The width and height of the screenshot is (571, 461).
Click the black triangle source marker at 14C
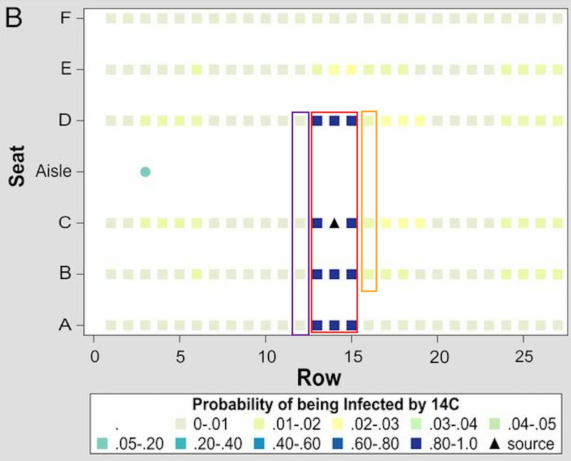coord(334,223)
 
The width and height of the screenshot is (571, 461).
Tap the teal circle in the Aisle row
coord(145,172)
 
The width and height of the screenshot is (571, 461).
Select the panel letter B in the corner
coord(14,18)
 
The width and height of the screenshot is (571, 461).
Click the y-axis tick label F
coord(66,18)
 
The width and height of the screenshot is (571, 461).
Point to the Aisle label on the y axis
coord(53,172)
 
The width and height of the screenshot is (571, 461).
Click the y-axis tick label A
coord(65,325)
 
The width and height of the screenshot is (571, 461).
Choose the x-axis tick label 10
coord(266,356)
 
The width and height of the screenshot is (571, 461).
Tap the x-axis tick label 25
coord(523,356)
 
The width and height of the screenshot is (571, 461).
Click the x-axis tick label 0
coord(94,356)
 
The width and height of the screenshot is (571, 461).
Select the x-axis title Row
coord(319,378)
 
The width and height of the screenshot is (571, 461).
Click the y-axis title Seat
coord(17,166)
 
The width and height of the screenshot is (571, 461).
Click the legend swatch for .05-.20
coord(103,444)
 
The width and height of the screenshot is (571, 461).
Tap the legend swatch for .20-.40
coord(181,444)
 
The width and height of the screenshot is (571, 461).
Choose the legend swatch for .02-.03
coord(338,424)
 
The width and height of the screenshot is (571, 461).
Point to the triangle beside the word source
coord(494,443)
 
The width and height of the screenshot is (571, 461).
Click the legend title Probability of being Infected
coord(325,404)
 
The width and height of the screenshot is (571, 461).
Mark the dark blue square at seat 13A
coord(317,325)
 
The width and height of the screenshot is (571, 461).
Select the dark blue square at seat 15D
coord(351,121)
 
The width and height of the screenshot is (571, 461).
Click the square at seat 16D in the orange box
coord(369,121)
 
